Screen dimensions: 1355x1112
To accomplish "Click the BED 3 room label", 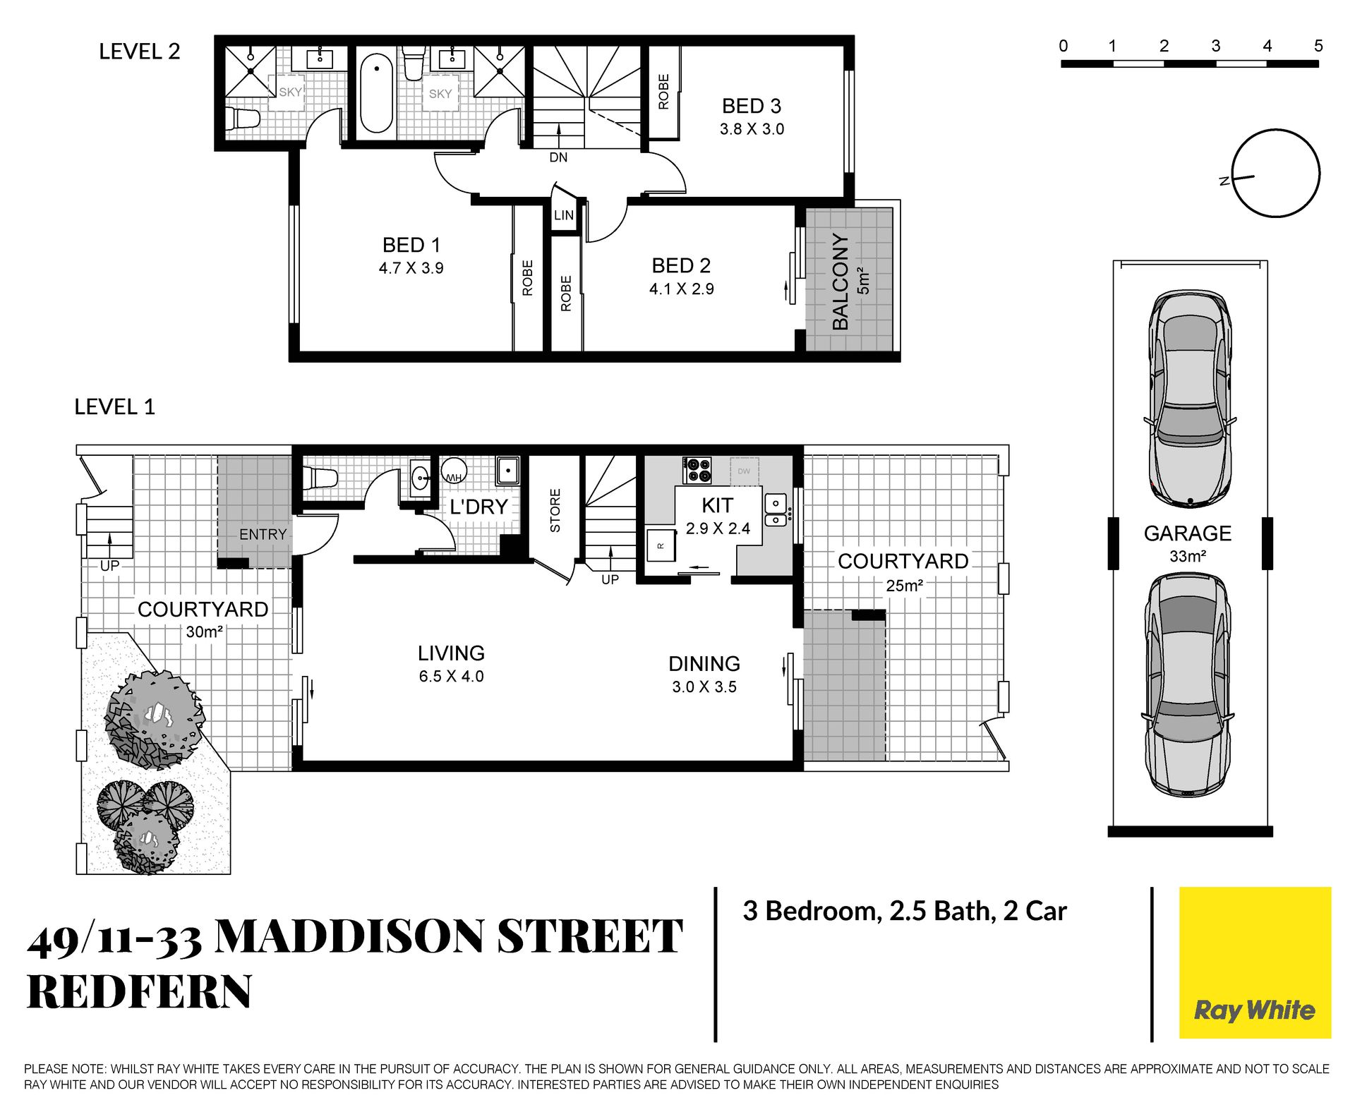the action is (752, 106).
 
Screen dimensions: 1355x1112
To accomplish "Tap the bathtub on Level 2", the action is (376, 95).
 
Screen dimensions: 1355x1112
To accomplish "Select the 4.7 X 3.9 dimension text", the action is (411, 268).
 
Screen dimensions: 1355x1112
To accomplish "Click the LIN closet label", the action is (564, 215).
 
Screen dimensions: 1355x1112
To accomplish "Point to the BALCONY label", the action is (840, 282).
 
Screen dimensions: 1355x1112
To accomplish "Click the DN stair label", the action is (558, 157).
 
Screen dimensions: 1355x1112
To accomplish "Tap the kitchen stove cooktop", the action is (697, 471).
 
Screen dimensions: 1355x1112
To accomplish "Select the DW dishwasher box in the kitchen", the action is (744, 471).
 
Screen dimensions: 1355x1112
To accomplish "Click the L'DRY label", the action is (478, 507).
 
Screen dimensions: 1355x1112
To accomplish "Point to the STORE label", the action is (555, 510).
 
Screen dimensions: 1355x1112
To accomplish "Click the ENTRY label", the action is (263, 535).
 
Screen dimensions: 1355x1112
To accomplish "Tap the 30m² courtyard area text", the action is (204, 631).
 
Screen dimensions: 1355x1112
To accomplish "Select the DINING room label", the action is (704, 664).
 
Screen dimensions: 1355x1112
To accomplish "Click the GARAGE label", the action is (1188, 533).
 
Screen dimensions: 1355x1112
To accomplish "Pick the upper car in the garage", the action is (1190, 399).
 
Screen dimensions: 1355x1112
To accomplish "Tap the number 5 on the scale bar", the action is (1318, 46).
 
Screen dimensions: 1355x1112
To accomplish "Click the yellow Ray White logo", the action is (1255, 962).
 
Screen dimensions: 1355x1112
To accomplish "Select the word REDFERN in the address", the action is (139, 991).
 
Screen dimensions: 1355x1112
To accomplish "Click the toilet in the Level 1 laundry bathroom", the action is (322, 478).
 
